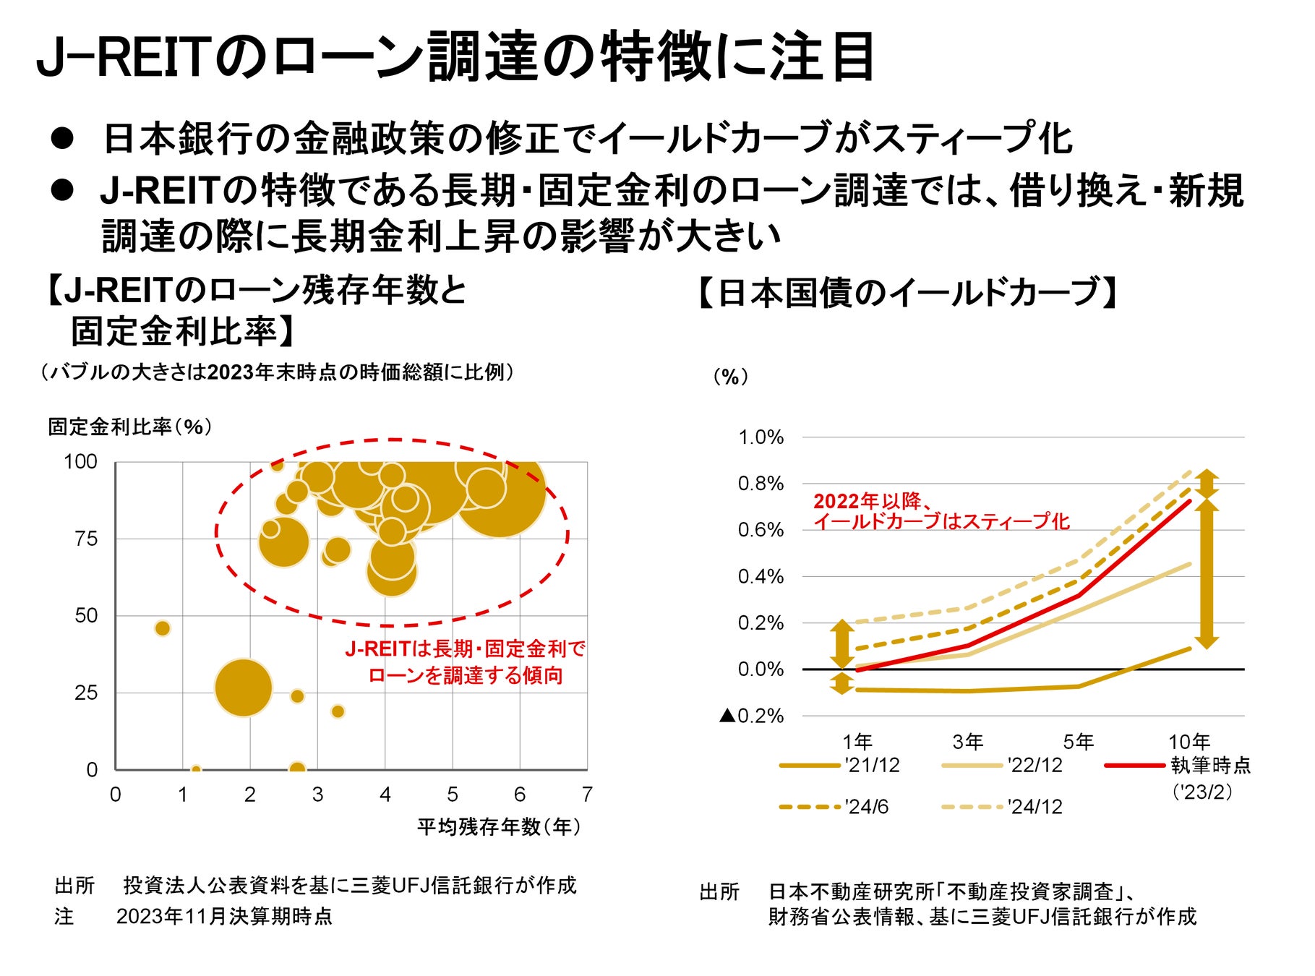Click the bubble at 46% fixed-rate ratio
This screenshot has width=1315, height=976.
click(163, 628)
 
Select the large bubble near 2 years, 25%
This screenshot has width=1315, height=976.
click(244, 688)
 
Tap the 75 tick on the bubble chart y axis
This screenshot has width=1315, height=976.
click(86, 539)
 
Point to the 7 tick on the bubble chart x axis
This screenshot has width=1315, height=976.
click(587, 795)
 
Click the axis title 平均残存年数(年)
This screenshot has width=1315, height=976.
click(499, 826)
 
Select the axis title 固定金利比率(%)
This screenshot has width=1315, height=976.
click(130, 427)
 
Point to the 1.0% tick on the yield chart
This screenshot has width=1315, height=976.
click(761, 437)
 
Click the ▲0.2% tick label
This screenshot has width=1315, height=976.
click(752, 716)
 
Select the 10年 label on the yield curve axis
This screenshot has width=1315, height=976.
click(1189, 741)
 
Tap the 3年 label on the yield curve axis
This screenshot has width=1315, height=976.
click(968, 741)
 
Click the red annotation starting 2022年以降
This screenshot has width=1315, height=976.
click(941, 511)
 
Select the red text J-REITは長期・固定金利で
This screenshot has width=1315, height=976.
click(465, 648)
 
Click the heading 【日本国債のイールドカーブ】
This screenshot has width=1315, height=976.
click(908, 293)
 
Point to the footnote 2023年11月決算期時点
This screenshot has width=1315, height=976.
click(224, 917)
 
